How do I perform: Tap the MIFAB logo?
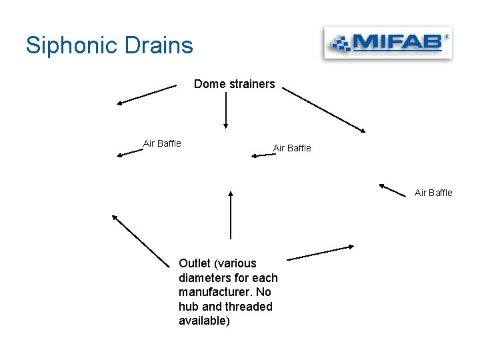click(x=387, y=44)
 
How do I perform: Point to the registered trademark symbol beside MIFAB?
click(x=446, y=37)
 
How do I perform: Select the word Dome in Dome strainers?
click(x=208, y=84)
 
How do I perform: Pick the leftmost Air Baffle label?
click(x=162, y=143)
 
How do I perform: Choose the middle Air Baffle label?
click(x=292, y=148)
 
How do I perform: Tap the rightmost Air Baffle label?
click(x=433, y=193)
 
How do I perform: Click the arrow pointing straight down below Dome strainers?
click(x=226, y=110)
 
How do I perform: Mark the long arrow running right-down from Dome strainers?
click(x=324, y=111)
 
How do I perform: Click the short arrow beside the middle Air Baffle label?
click(x=263, y=155)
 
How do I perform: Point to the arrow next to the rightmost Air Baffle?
click(x=393, y=190)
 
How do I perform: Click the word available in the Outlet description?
click(x=203, y=321)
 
